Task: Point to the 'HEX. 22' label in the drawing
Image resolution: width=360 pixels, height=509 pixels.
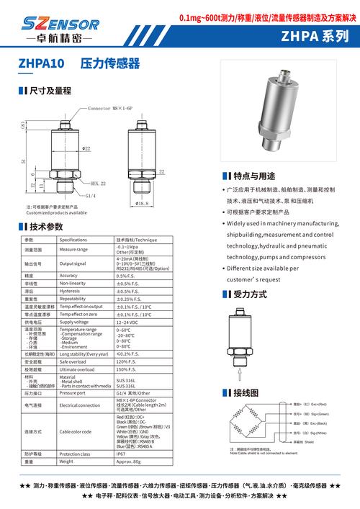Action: (98, 184)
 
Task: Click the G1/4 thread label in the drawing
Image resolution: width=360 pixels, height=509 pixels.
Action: (91, 195)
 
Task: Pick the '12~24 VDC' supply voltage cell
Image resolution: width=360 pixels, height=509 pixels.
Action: (127, 322)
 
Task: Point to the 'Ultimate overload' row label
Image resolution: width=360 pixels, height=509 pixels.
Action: (77, 369)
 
